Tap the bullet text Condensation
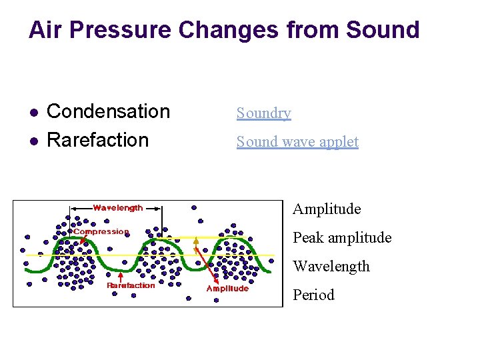point(109,111)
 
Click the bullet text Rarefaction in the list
point(98,140)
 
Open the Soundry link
point(263,113)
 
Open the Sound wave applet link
point(297,142)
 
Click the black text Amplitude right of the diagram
point(327,209)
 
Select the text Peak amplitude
point(342,238)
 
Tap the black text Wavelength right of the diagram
point(331,267)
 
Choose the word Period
point(313,295)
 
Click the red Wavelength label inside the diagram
point(117,208)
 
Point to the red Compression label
point(101,232)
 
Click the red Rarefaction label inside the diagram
point(131,285)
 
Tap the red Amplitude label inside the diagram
point(227,289)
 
